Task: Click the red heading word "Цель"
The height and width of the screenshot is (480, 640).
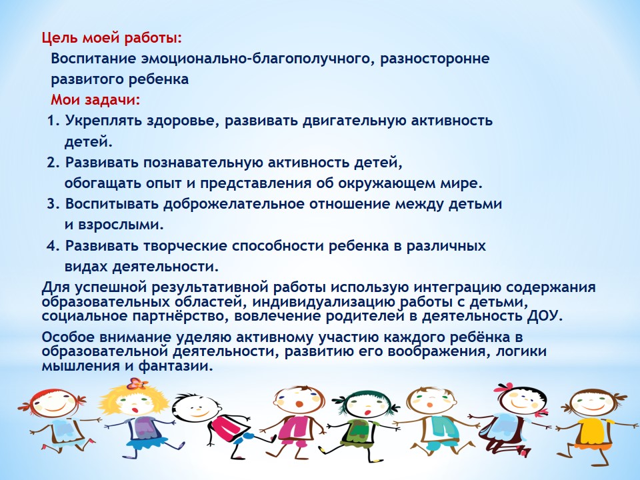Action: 60,39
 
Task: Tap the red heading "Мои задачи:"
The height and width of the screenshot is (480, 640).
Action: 95,100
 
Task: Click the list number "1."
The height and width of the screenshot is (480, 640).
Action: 53,121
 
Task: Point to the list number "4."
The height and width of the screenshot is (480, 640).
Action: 53,246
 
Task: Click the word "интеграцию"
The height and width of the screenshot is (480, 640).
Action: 457,288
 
